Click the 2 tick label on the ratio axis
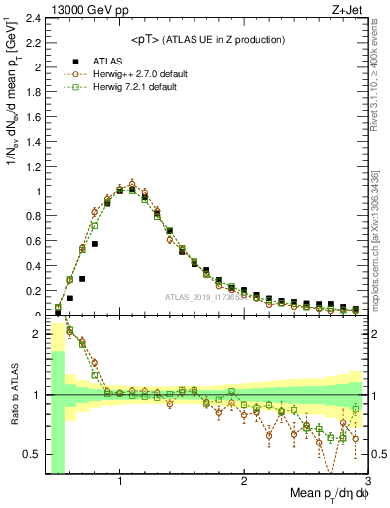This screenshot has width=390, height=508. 37,335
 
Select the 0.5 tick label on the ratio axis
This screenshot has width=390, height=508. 33,454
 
